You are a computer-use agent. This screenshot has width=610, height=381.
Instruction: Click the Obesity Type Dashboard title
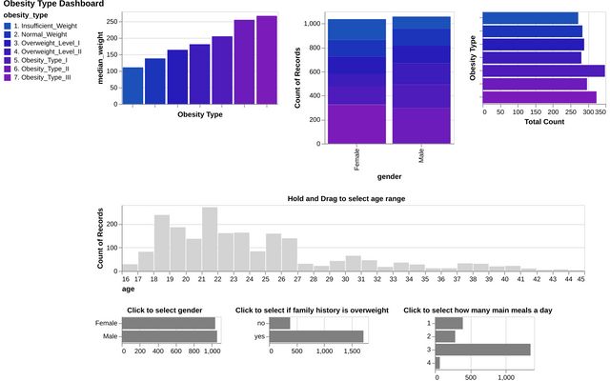[x=53, y=5]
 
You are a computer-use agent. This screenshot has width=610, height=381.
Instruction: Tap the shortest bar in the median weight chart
[x=132, y=86]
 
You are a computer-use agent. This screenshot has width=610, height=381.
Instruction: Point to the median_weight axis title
[x=100, y=58]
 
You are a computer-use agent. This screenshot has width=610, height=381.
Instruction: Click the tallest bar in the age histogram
[x=210, y=238]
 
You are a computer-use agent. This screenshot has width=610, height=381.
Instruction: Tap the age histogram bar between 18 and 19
[x=162, y=242]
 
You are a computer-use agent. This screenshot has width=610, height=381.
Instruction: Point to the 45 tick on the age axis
[x=582, y=278]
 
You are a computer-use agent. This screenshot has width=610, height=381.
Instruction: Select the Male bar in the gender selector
[x=171, y=336]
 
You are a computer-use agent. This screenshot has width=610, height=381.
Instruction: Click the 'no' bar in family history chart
[x=280, y=323]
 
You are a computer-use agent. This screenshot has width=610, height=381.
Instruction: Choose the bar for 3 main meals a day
[x=483, y=350]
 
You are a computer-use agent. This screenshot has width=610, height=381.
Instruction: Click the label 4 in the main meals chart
[x=431, y=363]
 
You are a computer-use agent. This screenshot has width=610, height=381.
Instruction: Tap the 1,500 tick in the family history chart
[x=353, y=351]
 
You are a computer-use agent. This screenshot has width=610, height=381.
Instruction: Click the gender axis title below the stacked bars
[x=389, y=176]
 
